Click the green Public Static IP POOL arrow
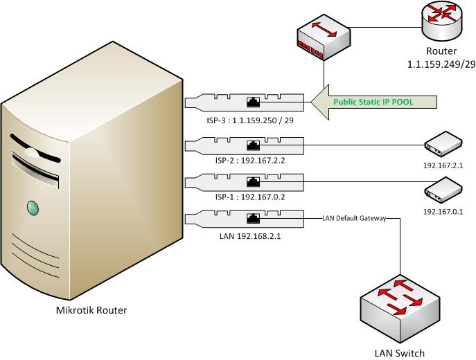374,102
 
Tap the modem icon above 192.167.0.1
442,188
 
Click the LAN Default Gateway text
353,219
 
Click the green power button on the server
33,206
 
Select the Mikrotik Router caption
91,310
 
